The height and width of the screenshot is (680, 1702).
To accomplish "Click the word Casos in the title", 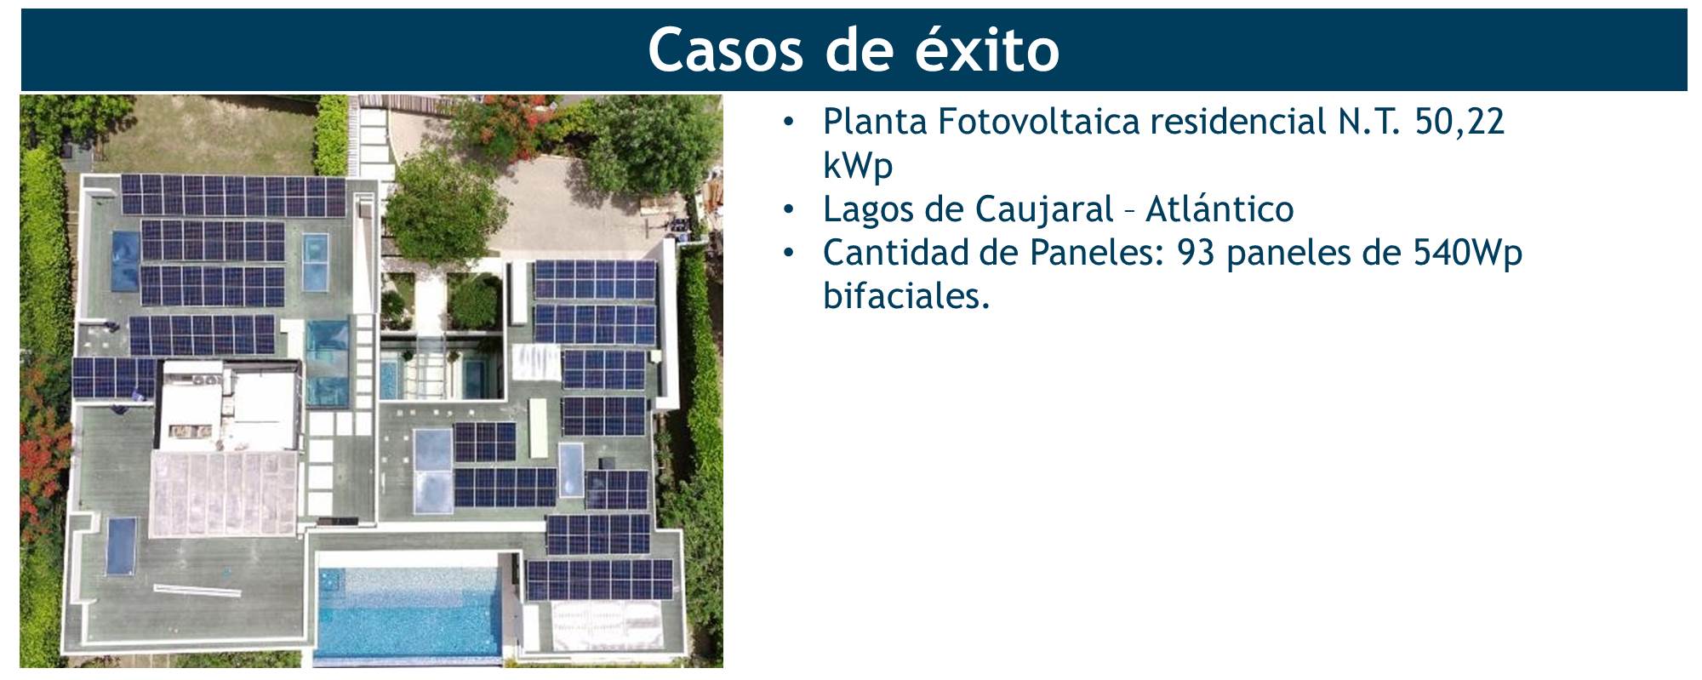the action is (x=725, y=50).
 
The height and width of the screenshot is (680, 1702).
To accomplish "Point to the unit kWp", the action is (x=858, y=165).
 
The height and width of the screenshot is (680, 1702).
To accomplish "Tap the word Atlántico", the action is (x=1219, y=209).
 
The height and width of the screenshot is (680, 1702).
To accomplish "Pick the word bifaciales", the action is (x=906, y=296).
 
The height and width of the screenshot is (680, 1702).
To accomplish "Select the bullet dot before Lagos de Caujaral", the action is (x=789, y=209).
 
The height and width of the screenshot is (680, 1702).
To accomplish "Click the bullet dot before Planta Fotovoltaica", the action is (x=789, y=123).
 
